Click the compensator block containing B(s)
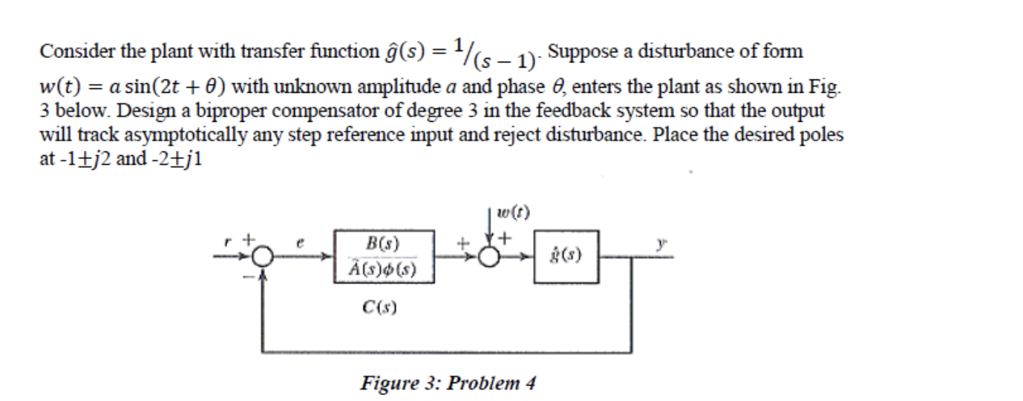tap(383, 255)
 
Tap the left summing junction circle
tap(261, 257)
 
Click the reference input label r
tap(232, 240)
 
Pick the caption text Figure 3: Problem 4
tap(448, 383)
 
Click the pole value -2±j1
tap(173, 160)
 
